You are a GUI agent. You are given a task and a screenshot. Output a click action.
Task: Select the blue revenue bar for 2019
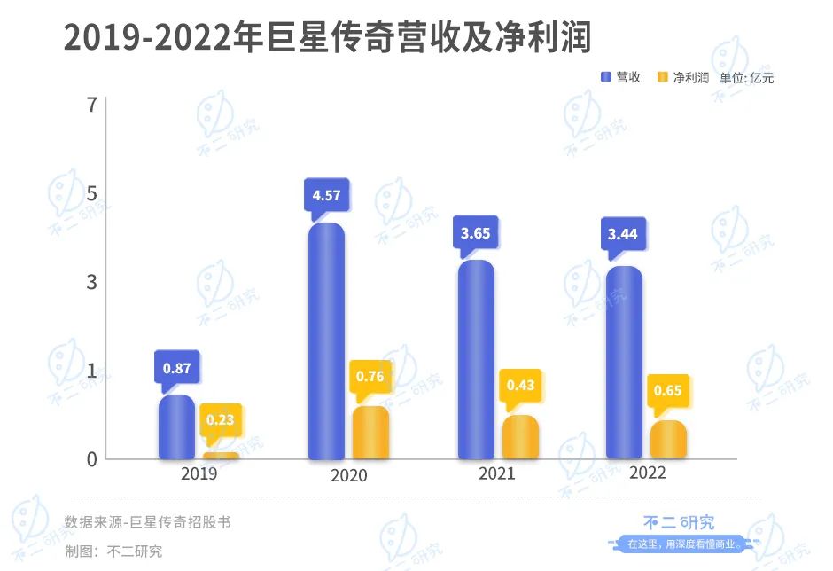point(176,427)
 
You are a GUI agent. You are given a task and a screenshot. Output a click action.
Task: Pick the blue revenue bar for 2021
point(476,360)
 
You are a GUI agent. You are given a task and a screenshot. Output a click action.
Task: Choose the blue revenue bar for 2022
point(625,364)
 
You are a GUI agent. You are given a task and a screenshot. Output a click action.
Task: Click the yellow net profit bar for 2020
point(370,434)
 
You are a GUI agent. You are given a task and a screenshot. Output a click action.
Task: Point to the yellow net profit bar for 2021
point(520,438)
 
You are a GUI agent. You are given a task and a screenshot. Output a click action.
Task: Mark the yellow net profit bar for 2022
point(668,441)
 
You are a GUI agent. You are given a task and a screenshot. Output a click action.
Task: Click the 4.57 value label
point(326,194)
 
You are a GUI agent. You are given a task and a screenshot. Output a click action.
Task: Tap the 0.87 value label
point(176,366)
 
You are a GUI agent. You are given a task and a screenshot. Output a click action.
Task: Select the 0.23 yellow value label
point(221,419)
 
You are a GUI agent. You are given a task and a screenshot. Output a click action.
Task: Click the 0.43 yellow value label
point(520,386)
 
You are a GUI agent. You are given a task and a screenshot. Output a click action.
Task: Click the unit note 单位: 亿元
point(746,77)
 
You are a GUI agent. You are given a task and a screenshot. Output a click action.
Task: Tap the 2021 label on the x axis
point(496,474)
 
